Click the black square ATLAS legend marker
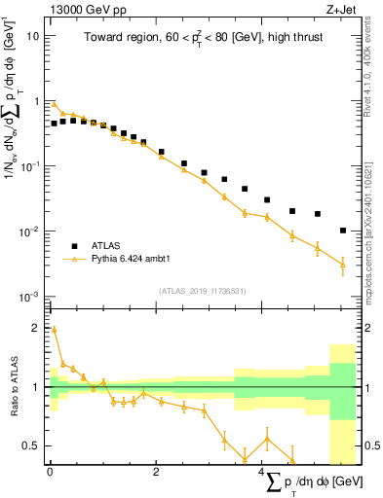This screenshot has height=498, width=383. coord(71,246)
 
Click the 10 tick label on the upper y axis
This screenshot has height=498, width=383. coord(33,35)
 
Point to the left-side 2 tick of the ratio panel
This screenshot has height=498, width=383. coord(35,328)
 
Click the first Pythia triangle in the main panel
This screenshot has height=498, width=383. coord(55,104)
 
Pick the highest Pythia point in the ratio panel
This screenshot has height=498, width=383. coord(55,330)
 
